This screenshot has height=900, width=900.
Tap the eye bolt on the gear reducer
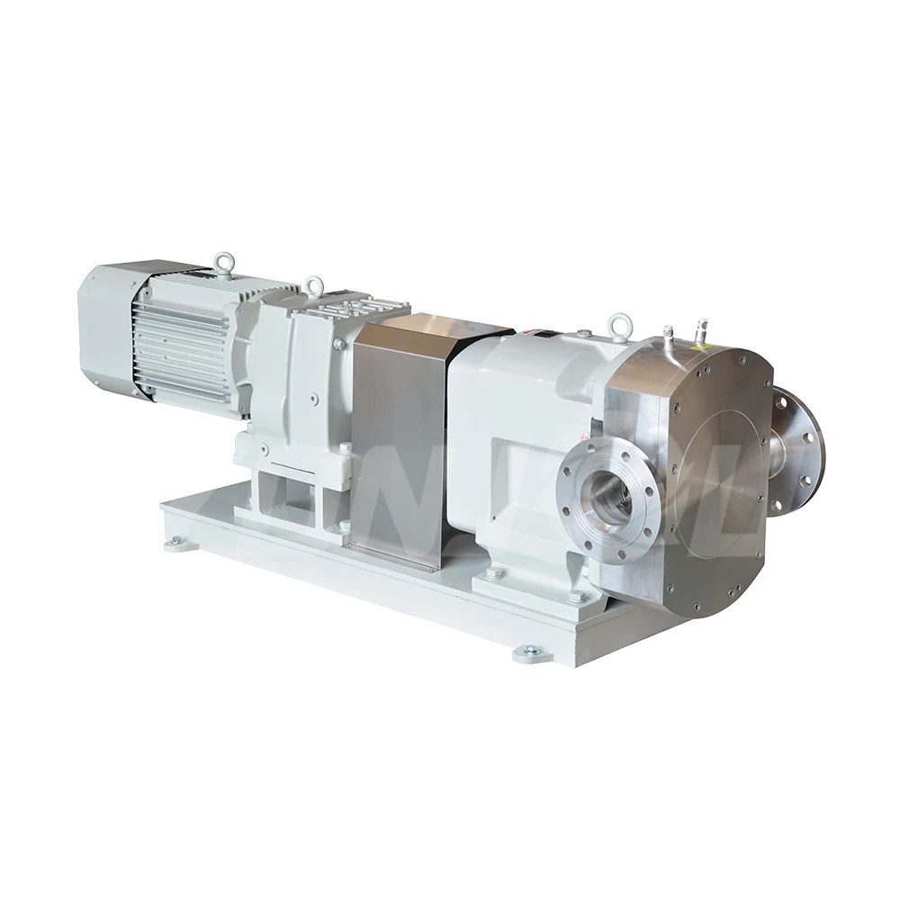coord(314,287)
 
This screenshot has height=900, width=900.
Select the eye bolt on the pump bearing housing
coord(618,322)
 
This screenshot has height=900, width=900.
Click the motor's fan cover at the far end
coord(103,324)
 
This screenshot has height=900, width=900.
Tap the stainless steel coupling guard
coord(396,441)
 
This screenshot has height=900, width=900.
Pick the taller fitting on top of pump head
coord(668,337)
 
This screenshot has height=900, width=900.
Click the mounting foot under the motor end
coord(175,543)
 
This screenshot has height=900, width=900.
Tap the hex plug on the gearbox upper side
coord(338,343)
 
